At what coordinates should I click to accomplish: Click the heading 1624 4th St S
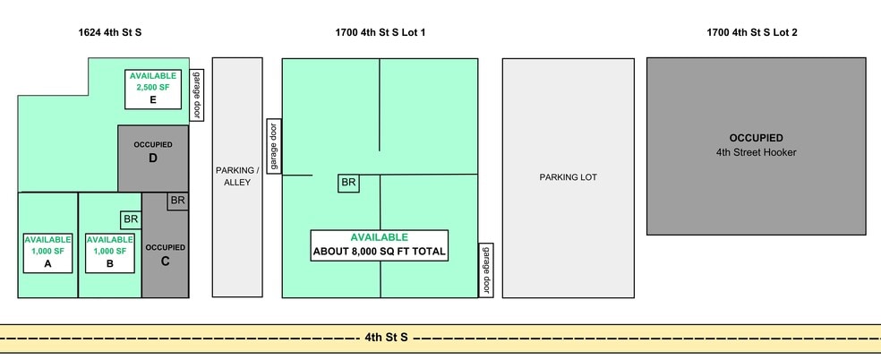coord(110,32)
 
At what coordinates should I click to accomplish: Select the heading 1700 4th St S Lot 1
coord(380,32)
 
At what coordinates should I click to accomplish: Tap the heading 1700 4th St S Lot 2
coord(751,32)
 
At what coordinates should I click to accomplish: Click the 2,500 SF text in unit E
coord(153,88)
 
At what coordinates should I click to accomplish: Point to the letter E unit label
coord(153,100)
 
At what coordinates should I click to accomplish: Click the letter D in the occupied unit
coord(153,159)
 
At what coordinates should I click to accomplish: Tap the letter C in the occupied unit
coord(165,261)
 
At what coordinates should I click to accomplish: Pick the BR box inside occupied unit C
coord(177,201)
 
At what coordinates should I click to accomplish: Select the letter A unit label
coord(47,264)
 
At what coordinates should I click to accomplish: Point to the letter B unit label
coord(109,264)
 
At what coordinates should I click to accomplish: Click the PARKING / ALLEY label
coord(236,176)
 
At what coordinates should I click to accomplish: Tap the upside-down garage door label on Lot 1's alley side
coord(274,145)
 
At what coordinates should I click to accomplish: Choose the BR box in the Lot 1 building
coord(348,183)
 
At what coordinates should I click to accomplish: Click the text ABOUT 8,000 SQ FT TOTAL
coord(379,252)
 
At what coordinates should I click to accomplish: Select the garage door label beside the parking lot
coord(486,270)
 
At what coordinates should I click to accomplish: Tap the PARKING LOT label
coord(568,177)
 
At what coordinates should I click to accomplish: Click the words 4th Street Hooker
coord(756,152)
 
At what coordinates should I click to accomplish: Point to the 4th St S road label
coord(386,338)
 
